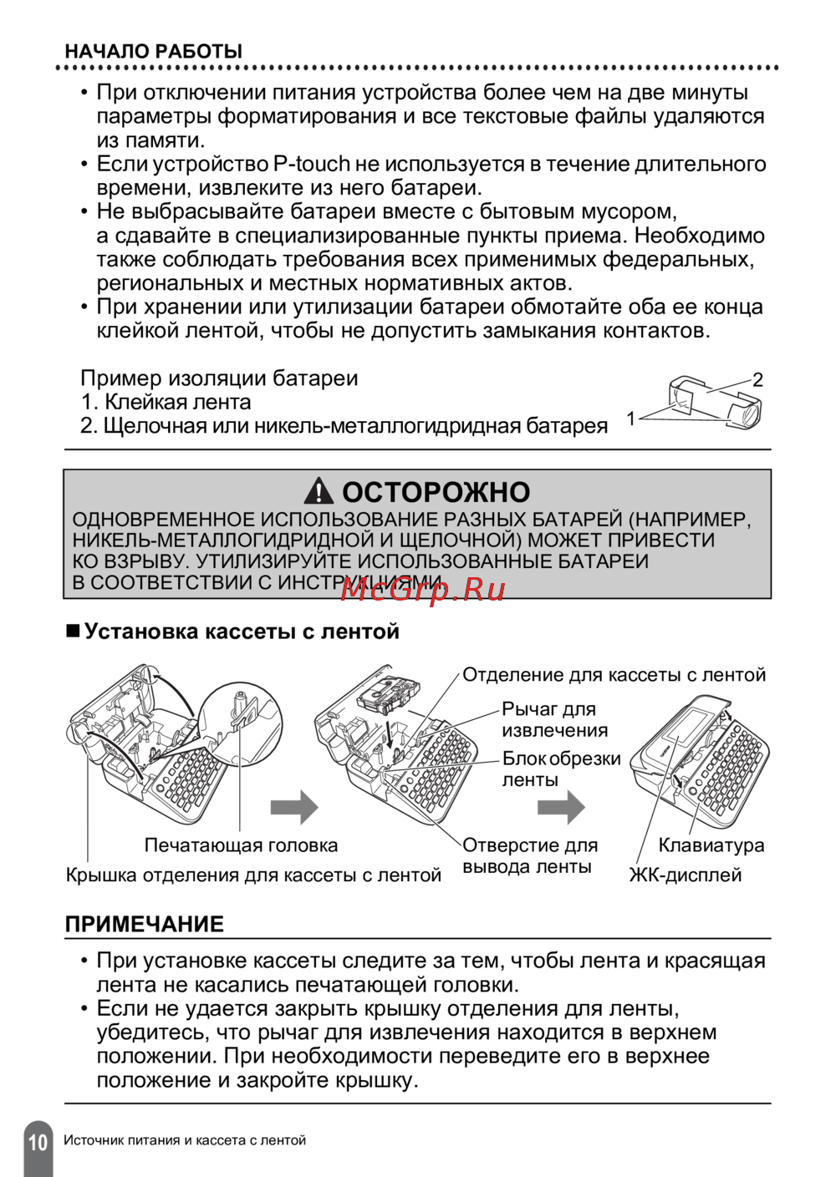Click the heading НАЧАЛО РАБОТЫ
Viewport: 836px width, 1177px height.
click(154, 51)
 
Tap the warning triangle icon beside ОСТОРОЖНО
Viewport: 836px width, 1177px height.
click(319, 491)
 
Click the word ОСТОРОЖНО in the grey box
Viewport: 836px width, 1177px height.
click(436, 492)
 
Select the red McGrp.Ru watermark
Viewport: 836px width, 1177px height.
click(423, 589)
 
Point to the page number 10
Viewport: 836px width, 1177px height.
click(38, 1142)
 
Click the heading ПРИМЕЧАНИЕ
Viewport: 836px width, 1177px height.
click(145, 925)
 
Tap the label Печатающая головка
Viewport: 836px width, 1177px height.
click(241, 845)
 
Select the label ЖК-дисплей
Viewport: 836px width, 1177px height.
click(686, 875)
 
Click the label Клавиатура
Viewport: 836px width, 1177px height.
click(711, 845)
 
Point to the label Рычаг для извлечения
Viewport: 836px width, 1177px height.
click(554, 719)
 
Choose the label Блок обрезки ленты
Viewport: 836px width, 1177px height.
click(561, 769)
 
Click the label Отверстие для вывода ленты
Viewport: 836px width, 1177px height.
click(530, 856)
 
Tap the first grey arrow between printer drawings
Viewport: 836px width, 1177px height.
click(294, 807)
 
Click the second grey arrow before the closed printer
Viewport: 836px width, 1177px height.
click(561, 807)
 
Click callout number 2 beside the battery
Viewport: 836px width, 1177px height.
click(757, 380)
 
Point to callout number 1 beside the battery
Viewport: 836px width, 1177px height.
click(631, 419)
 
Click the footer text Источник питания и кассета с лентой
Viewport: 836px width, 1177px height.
click(185, 1140)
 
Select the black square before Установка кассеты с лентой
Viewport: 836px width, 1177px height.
click(73, 632)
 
